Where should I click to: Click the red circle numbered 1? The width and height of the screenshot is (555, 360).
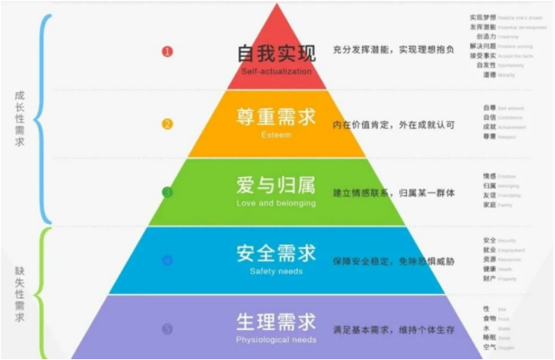click(x=167, y=51)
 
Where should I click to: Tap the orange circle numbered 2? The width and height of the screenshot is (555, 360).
click(x=167, y=124)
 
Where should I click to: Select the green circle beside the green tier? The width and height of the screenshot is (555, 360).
click(x=167, y=193)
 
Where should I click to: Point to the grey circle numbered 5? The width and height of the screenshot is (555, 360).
click(x=167, y=329)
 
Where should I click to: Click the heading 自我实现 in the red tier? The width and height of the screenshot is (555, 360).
click(x=276, y=54)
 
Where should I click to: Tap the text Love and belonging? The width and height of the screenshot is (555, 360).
click(x=276, y=202)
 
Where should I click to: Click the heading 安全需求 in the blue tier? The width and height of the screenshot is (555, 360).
click(x=276, y=253)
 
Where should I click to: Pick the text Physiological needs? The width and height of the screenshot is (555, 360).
click(x=276, y=339)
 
